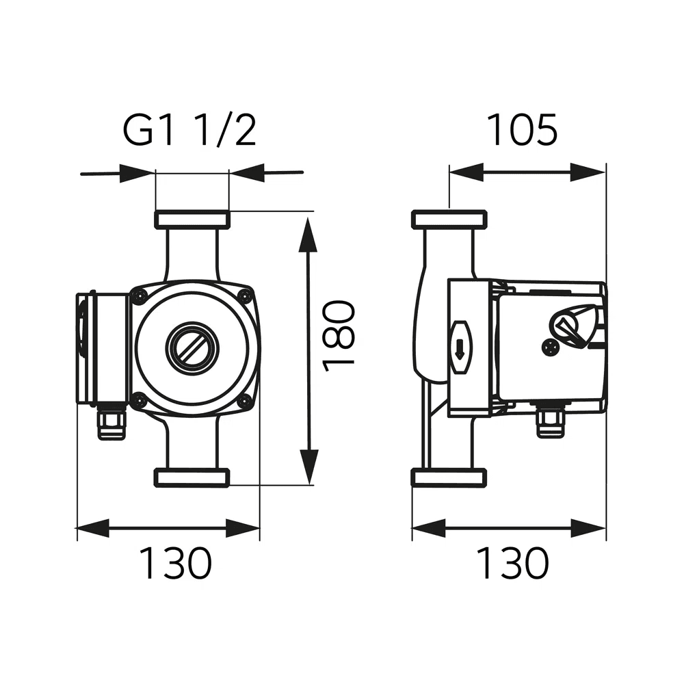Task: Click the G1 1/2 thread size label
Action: click(189, 131)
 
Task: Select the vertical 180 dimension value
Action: click(339, 335)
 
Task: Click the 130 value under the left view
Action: click(176, 563)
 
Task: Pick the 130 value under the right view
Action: click(512, 563)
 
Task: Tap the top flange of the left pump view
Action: click(192, 220)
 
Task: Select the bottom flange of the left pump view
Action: click(192, 477)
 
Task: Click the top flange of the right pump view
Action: click(449, 220)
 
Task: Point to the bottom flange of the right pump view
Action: click(449, 477)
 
